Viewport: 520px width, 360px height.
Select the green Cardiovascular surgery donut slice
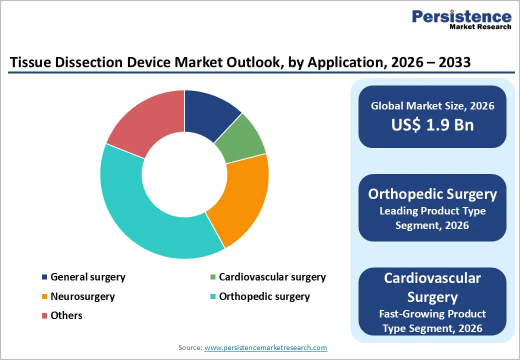point(240,140)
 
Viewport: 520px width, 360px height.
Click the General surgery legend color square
point(45,277)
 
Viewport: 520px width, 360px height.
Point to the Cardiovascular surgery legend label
point(272,277)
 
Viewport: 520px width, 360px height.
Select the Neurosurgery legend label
point(82,296)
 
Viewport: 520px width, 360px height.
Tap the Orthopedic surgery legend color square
point(213,296)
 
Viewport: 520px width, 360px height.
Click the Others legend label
point(66,315)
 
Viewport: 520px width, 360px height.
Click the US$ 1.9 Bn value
point(432,124)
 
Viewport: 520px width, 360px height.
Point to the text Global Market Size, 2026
point(432,105)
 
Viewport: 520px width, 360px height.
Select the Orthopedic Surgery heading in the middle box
point(432,194)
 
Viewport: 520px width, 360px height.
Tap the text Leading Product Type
point(432,211)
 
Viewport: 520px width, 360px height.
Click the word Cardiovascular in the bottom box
point(432,278)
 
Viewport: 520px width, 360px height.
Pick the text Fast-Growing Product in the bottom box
point(432,314)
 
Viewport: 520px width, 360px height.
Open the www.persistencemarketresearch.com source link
point(266,347)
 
